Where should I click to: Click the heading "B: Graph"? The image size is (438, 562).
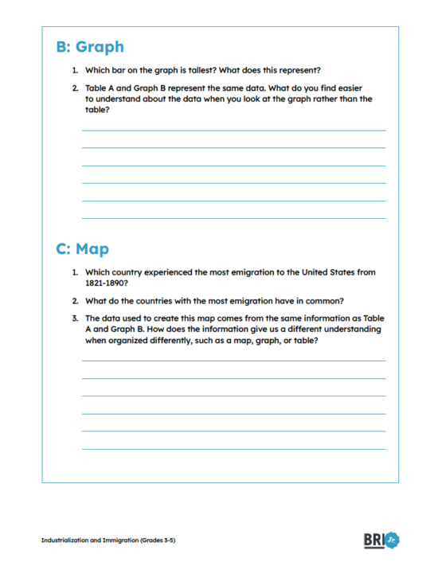pos(89,47)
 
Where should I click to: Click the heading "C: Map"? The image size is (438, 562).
pos(82,249)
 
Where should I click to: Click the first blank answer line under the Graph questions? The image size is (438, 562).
pos(233,130)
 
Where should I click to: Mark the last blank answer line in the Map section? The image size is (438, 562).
pos(233,449)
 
